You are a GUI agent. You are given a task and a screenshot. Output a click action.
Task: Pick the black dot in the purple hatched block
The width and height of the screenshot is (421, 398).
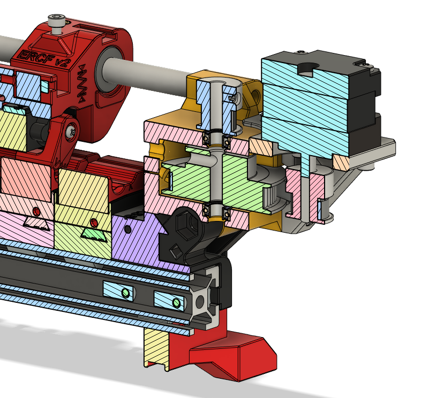[127, 229]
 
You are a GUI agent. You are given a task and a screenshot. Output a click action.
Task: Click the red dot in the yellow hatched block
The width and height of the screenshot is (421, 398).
[94, 222]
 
